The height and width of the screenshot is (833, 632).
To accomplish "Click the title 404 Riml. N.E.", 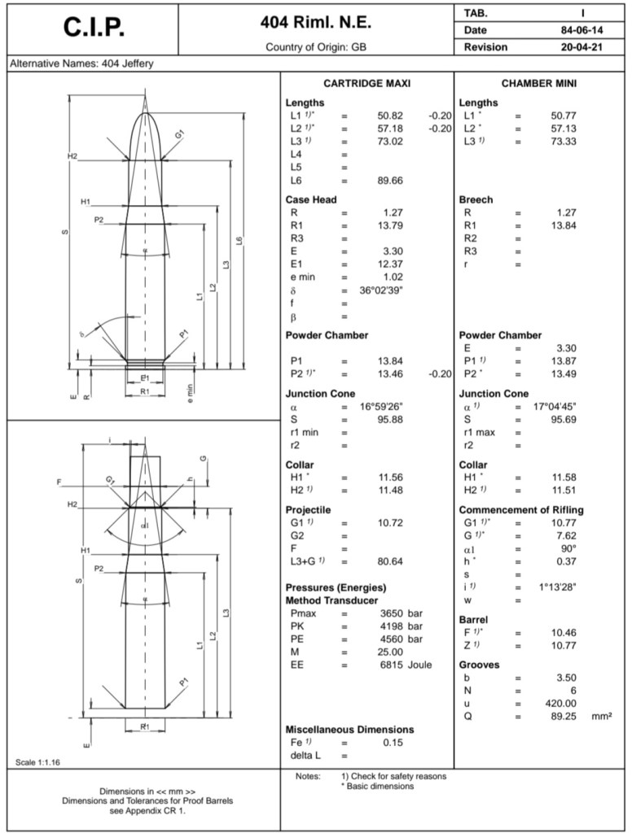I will click(315, 22).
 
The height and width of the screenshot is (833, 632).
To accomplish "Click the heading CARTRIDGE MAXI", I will click(366, 84).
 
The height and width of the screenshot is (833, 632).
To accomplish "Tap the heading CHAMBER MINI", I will click(539, 84).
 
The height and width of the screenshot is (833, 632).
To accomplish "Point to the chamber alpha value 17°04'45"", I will click(556, 407).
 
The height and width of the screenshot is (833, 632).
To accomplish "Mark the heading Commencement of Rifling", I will click(521, 510).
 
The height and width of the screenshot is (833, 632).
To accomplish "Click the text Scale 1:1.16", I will click(38, 762).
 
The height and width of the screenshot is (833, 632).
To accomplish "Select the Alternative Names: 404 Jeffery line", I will click(80, 63).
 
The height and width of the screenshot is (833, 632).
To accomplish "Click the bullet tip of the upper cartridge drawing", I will click(145, 113).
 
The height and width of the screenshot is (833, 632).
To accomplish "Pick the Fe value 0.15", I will click(394, 743).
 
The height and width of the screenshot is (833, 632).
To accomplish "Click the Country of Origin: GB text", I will click(315, 47).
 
